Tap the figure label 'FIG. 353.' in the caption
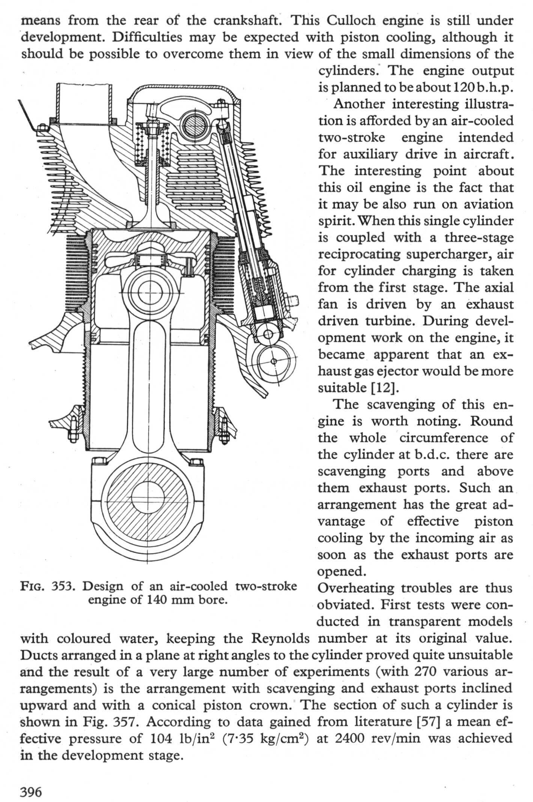pos(48,586)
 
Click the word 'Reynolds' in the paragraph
pos(280,638)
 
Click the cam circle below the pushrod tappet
pos(274,361)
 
